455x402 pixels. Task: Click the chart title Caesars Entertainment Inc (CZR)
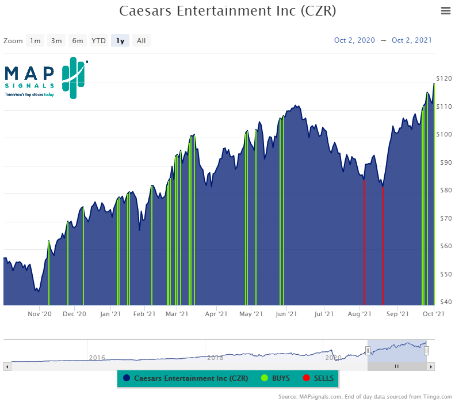[227, 11]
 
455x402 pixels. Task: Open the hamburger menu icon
[445, 10]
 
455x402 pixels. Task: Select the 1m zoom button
[36, 40]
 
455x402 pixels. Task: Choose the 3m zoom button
[56, 40]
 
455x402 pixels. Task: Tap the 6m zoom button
[77, 40]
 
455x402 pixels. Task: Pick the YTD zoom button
[99, 40]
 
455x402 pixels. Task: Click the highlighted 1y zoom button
[120, 40]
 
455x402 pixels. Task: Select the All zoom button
[141, 40]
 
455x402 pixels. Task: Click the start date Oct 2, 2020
[354, 40]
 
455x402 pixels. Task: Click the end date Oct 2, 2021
[411, 40]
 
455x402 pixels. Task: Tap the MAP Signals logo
[45, 78]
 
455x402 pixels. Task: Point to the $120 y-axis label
[443, 78]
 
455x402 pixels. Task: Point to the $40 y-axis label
[443, 301]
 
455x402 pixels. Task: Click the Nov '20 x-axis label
[40, 314]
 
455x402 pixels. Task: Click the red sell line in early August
[364, 242]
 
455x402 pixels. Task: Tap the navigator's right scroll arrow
[431, 366]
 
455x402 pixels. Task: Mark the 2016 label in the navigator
[97, 358]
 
